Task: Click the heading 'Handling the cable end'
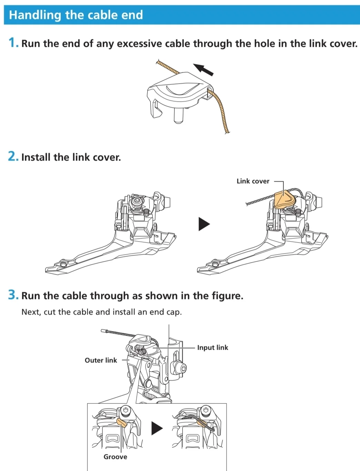pos(76,15)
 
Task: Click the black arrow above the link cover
pos(203,69)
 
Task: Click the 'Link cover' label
pos(253,181)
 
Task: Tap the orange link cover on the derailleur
pos(285,199)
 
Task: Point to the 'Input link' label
pos(212,347)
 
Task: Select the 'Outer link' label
pos(101,360)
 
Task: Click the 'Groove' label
pos(115,457)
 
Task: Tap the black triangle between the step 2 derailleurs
pos(204,224)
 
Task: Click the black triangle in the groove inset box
pos(157,428)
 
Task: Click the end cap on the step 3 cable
pos(104,331)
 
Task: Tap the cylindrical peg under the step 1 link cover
pos(178,115)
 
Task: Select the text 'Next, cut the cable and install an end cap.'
pos(101,312)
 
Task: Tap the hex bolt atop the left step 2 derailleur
pos(136,201)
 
